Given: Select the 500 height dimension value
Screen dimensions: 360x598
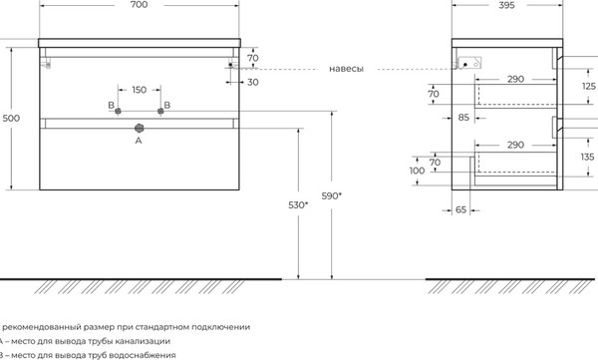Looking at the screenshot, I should [11, 119].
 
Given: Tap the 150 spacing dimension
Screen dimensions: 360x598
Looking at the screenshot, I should [139, 89].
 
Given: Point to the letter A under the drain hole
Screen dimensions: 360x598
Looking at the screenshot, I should [139, 142].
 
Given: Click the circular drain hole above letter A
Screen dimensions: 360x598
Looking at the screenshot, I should [139, 128].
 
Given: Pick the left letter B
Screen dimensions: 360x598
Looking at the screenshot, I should [111, 105].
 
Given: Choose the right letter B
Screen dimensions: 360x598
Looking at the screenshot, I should [166, 105].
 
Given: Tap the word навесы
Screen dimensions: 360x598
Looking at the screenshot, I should [345, 70].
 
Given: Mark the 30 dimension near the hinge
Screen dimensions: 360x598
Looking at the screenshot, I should [254, 82].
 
